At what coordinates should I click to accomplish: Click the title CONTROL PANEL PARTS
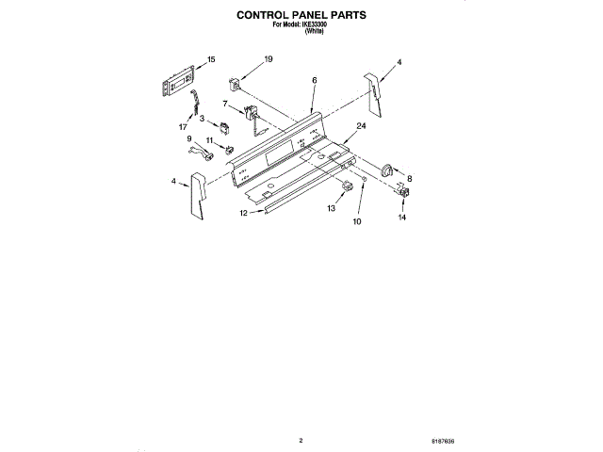pos(301,16)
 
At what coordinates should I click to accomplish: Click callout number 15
pos(211,59)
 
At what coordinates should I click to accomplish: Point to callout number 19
pos(269,59)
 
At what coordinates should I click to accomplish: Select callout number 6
pos(314,82)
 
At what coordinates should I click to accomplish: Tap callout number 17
pos(183,124)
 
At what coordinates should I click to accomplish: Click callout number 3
pos(202,118)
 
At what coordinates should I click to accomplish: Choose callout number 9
pos(188,138)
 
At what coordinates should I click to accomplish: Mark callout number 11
pos(209,141)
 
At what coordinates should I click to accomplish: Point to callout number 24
pos(361,125)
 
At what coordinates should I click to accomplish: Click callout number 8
pos(409,177)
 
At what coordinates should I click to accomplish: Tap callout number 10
pos(357,222)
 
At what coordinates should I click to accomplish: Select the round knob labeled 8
pos(388,169)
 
